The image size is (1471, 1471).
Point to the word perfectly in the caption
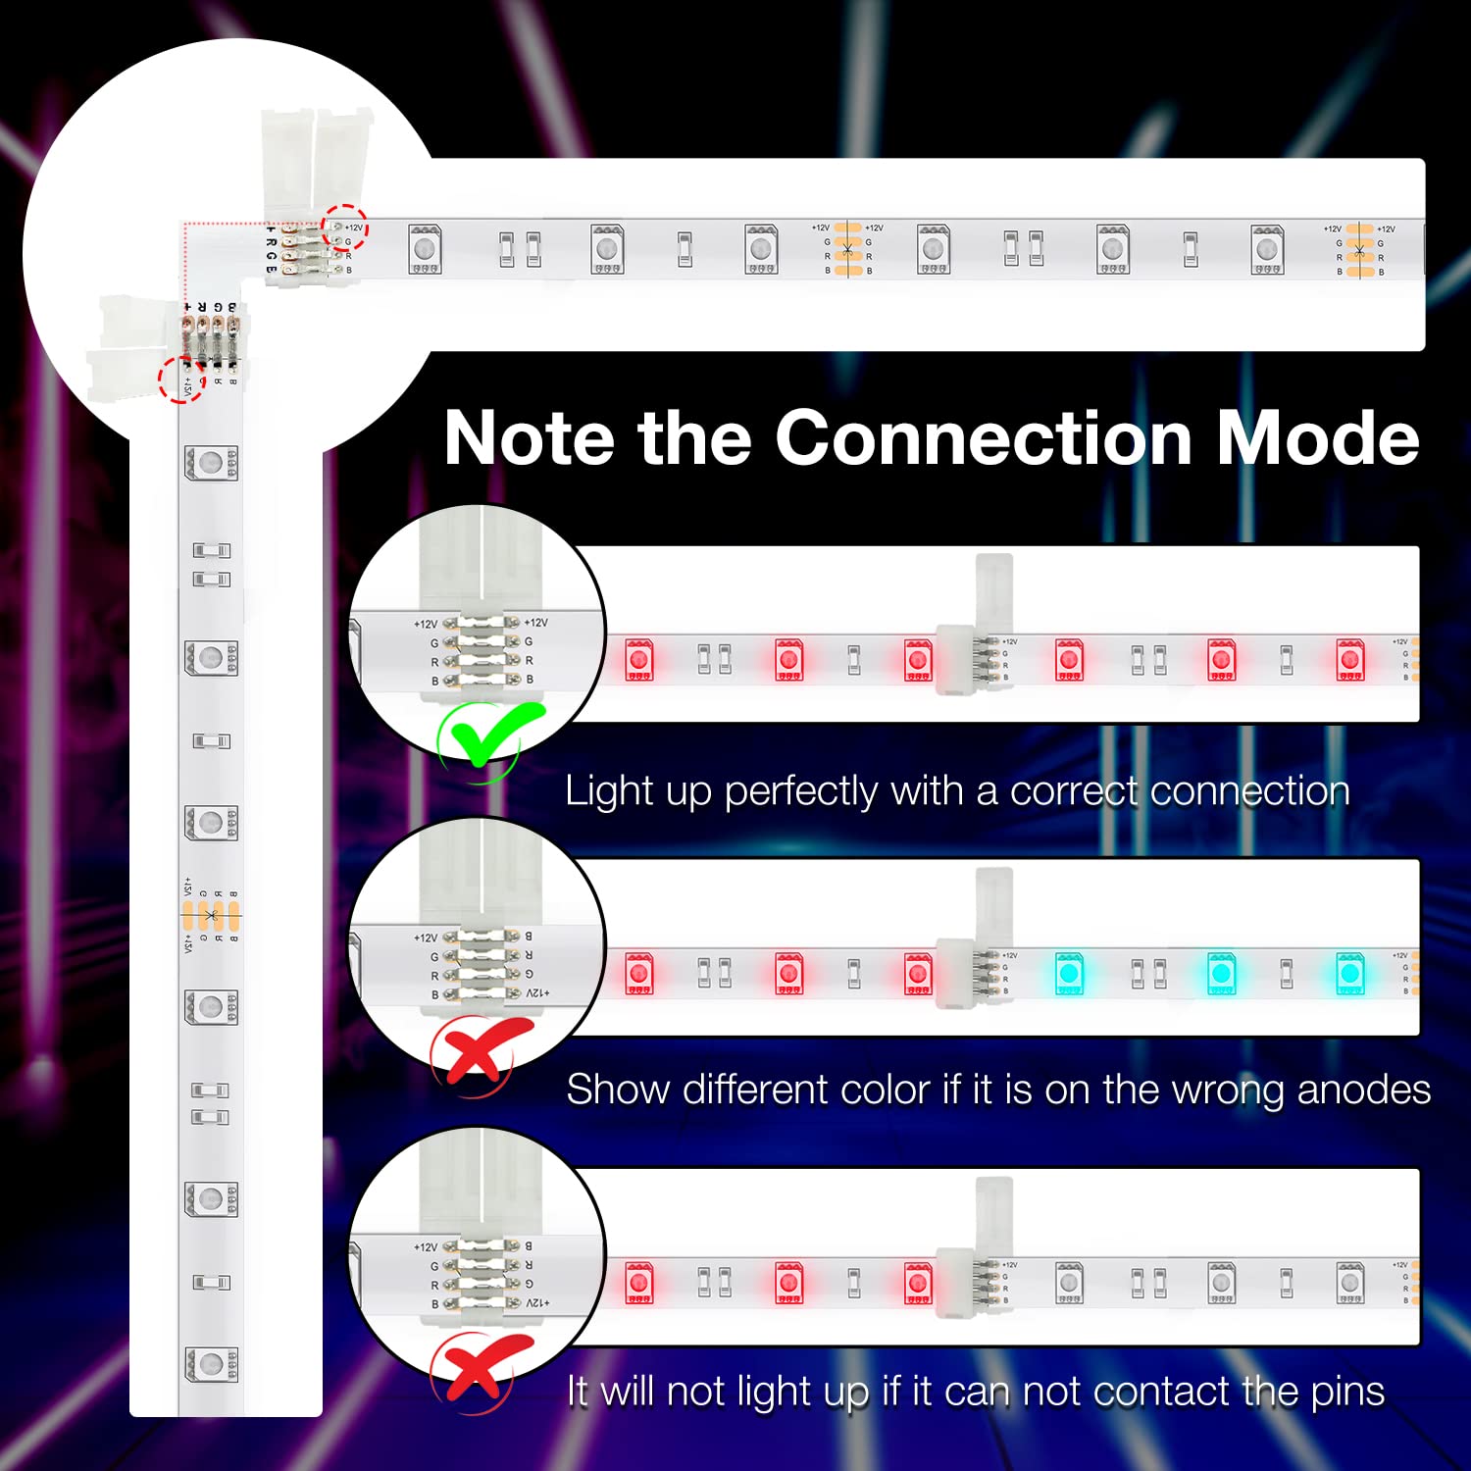[x=801, y=791]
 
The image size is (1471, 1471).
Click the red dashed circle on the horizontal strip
[x=345, y=228]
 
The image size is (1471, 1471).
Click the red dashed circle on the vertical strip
[x=182, y=379]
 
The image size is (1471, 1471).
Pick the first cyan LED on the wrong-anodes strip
[x=1069, y=974]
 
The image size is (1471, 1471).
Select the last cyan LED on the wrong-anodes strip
[x=1349, y=974]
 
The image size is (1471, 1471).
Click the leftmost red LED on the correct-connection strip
[x=639, y=660]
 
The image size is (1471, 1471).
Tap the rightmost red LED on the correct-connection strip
[x=1349, y=660]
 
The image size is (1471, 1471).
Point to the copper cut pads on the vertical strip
[x=210, y=916]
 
